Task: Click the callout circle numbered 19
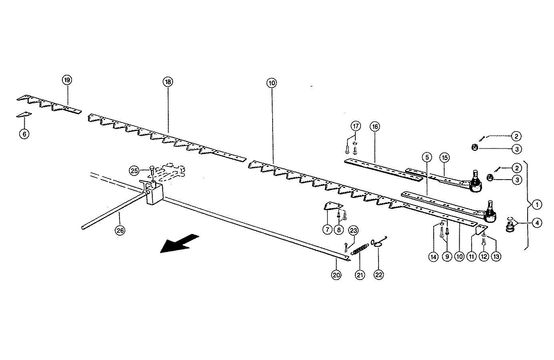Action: coord(67,80)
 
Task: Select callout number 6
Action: coord(24,134)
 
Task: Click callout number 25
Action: coord(134,171)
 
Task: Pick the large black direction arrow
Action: coord(179,243)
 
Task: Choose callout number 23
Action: coord(353,230)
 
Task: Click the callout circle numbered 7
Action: coord(327,230)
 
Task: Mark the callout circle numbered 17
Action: coord(355,126)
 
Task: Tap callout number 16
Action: coord(375,126)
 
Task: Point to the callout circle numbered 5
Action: coord(426,157)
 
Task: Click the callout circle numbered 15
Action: coord(444,157)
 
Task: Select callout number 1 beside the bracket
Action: coord(537,204)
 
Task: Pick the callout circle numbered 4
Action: coord(537,223)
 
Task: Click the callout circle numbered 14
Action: coord(434,257)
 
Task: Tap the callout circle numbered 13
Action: coord(496,257)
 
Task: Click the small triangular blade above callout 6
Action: coord(24,115)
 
